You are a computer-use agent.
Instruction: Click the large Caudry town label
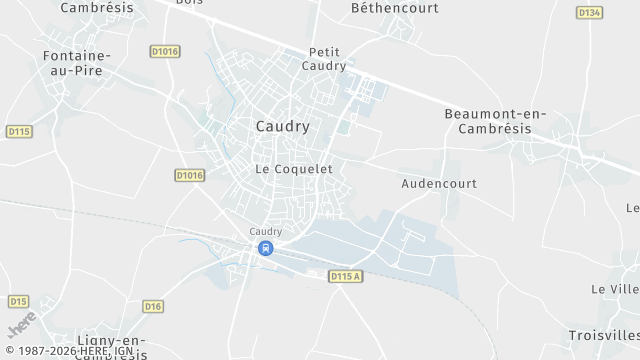[x=282, y=127]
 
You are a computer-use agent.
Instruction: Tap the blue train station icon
[x=265, y=248]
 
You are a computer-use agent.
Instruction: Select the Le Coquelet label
[x=293, y=169]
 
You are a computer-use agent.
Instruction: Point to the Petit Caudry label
[x=327, y=59]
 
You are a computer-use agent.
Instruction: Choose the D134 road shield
[x=589, y=13]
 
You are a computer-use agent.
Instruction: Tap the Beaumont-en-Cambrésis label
[x=495, y=121]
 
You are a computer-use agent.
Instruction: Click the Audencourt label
[x=439, y=184]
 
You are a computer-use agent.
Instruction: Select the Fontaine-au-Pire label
[x=77, y=64]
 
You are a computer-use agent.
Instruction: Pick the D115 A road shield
[x=344, y=276]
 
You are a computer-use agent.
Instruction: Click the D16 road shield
[x=153, y=306]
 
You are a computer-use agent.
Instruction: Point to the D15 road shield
[x=18, y=301]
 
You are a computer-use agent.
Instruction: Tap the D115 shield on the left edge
[x=19, y=131]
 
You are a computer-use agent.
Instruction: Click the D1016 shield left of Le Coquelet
[x=189, y=175]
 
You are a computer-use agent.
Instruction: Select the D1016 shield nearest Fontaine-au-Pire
[x=164, y=50]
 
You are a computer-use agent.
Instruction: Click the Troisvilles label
[x=603, y=335]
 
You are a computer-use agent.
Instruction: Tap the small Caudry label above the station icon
[x=265, y=231]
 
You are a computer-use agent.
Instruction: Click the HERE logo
[x=22, y=324]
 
